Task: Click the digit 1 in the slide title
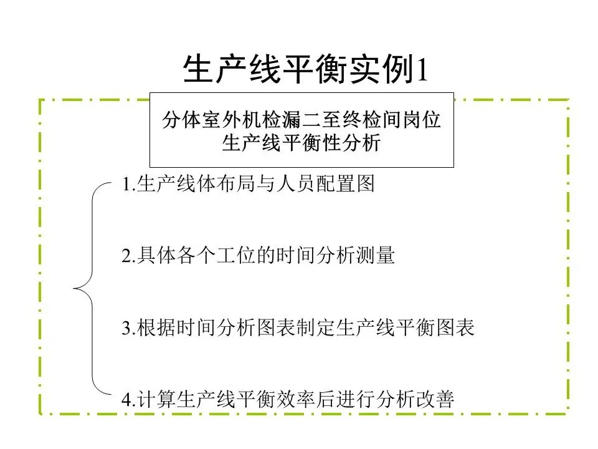coord(421,70)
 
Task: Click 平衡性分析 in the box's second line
coord(340,143)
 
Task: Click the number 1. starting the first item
coord(128,185)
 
